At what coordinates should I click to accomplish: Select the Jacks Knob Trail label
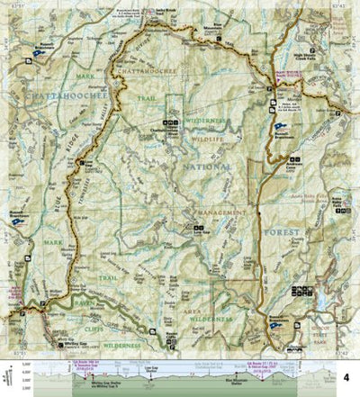click(165, 19)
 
